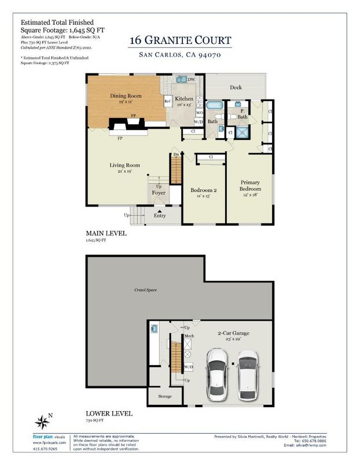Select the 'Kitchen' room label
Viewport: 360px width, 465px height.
183,99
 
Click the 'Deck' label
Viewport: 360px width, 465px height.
235,88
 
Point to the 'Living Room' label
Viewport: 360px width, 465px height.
125,165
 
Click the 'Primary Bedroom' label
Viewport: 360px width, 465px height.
251,186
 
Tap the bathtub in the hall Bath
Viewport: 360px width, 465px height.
214,106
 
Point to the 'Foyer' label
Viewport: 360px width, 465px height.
159,193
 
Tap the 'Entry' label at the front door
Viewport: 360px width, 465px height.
160,216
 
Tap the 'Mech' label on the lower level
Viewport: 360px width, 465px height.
189,335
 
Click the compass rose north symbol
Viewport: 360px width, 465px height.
42,420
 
